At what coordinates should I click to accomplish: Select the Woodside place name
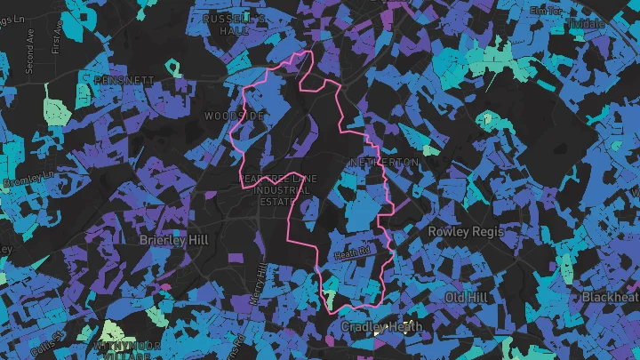tap(234, 116)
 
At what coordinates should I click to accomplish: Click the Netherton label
tap(383, 164)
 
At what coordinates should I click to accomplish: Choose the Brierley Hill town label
tap(173, 240)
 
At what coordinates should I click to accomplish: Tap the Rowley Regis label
tap(466, 231)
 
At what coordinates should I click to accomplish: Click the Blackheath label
tap(612, 297)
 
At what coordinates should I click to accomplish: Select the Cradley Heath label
tap(382, 327)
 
